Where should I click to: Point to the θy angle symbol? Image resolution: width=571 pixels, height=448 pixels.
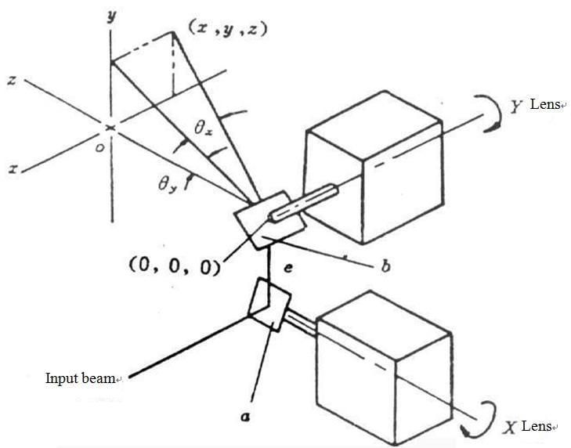(165, 185)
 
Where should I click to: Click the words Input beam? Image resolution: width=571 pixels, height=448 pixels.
(82, 379)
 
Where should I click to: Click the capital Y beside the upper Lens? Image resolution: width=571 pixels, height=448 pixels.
(516, 107)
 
